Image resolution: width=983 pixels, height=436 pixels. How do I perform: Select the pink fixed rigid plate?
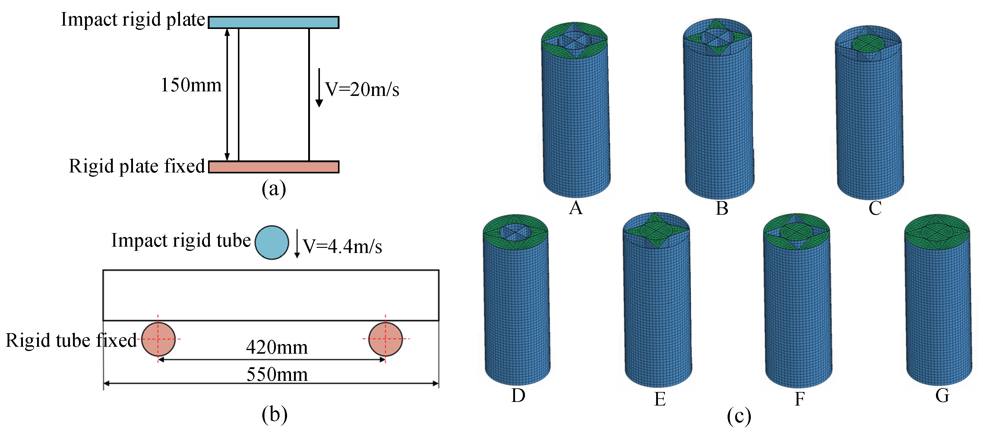click(273, 167)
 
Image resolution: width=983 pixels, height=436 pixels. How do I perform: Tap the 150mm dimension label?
click(191, 85)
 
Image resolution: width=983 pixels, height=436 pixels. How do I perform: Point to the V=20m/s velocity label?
click(362, 90)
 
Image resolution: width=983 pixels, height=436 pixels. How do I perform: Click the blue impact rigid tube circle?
click(272, 243)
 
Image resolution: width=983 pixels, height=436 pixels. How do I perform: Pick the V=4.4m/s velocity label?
click(342, 246)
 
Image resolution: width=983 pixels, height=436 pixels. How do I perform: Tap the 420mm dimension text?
click(277, 347)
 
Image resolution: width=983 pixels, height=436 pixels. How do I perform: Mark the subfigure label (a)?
click(273, 189)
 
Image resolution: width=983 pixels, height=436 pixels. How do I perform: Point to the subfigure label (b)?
click(274, 415)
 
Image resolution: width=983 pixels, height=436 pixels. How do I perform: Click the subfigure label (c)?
click(739, 416)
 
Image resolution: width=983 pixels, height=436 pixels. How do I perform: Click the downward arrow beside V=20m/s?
click(319, 88)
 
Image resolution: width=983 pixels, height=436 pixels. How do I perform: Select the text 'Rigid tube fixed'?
click(71, 340)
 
